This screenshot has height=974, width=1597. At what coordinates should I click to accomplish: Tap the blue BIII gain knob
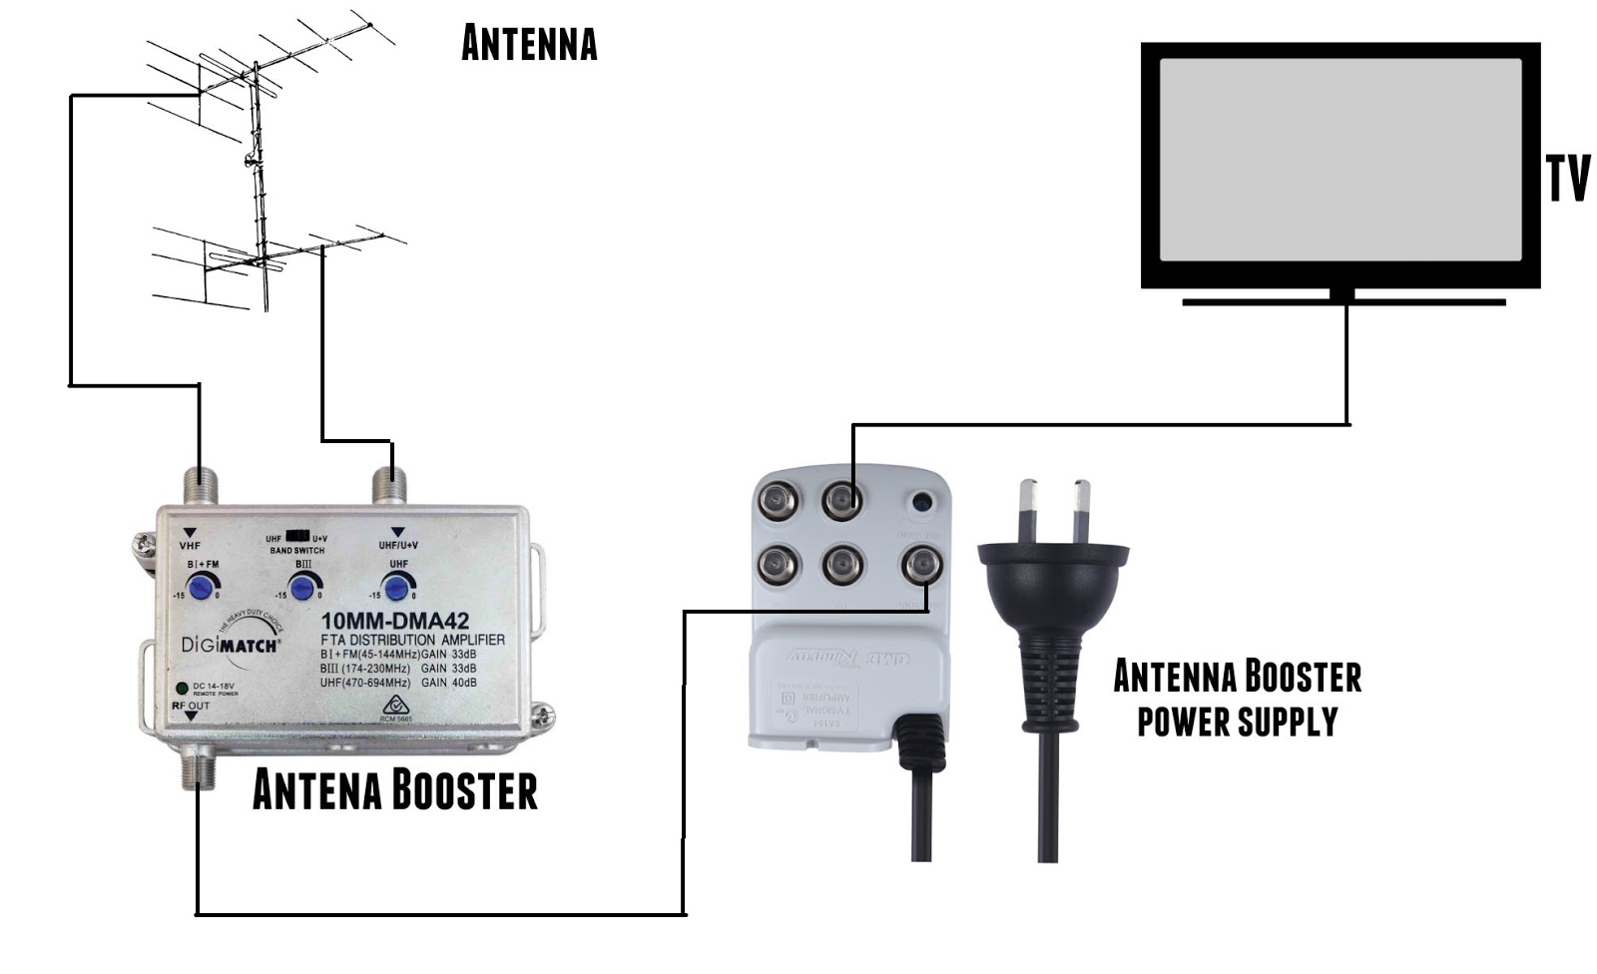302,587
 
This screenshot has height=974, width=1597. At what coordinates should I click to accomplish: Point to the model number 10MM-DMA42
394,621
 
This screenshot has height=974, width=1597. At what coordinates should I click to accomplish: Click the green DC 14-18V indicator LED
182,689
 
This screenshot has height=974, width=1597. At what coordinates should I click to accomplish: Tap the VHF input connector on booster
200,486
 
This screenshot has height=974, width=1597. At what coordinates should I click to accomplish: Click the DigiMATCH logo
231,645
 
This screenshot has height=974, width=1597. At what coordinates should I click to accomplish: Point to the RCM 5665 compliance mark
396,709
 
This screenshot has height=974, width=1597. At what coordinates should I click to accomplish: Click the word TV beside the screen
1567,180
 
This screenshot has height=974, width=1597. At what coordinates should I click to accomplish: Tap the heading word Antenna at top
529,44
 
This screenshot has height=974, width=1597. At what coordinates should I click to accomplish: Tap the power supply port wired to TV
842,499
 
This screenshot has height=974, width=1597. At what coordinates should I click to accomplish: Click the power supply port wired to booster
921,566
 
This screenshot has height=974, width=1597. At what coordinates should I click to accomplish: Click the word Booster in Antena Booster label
462,790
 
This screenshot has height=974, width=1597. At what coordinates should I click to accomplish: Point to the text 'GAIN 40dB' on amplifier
448,684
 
